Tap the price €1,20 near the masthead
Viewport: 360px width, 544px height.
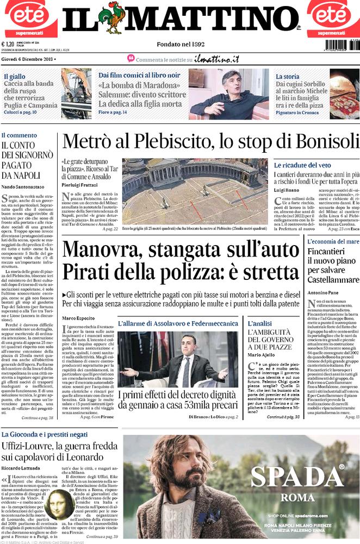click(8, 45)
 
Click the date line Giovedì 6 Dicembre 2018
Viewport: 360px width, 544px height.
click(27, 59)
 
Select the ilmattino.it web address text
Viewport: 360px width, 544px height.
click(217, 59)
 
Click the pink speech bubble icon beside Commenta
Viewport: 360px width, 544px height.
click(131, 58)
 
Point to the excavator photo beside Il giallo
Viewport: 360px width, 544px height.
click(76, 93)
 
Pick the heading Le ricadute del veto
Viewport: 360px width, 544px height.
click(302, 165)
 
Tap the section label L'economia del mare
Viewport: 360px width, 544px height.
click(332, 241)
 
